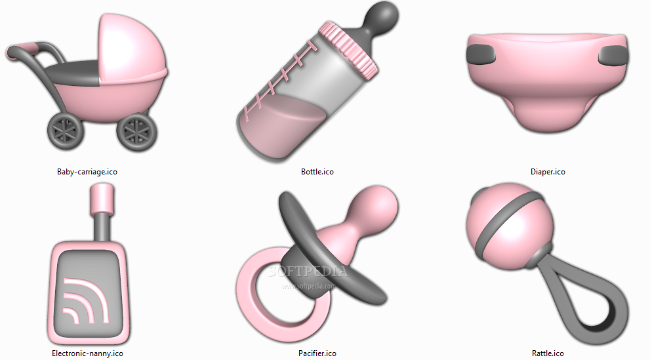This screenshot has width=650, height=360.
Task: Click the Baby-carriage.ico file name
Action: coord(87,172)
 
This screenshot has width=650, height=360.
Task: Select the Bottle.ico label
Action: coord(317,172)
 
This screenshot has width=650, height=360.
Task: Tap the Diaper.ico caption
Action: coord(548,172)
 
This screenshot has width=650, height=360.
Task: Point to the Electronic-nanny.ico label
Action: coord(87,353)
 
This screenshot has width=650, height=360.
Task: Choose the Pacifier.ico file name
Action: coord(317,353)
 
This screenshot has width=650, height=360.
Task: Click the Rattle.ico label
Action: coord(548,353)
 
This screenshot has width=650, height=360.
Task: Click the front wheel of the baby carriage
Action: coord(137,132)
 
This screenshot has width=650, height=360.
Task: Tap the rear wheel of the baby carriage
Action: coord(66,131)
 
